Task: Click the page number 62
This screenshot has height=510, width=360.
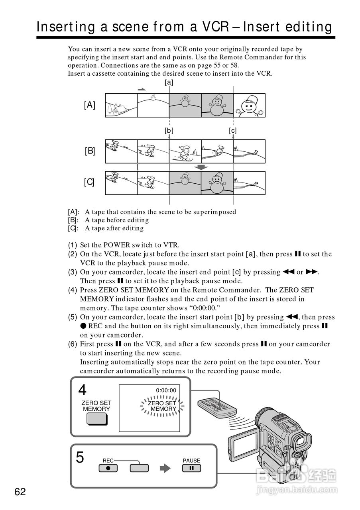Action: pos(20,492)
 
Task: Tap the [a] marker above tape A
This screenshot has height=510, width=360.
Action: pos(169,82)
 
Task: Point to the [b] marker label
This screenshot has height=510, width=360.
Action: pos(169,130)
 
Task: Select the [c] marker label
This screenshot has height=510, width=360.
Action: pos(233,130)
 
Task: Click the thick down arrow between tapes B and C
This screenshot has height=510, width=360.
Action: pos(201,167)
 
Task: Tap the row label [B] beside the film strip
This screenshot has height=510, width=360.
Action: pos(90,151)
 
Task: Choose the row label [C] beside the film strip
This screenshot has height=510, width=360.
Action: pos(90,182)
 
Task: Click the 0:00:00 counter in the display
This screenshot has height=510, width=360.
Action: pos(166,390)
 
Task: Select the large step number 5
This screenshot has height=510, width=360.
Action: pos(80,457)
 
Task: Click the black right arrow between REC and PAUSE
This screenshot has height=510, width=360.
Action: pos(165,469)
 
